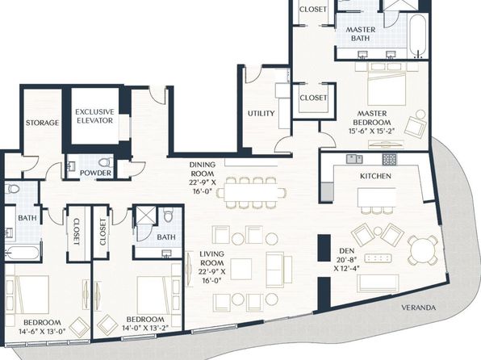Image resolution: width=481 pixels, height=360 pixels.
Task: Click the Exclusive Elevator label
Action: (94, 116)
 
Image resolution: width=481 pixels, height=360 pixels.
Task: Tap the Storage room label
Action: (42, 123)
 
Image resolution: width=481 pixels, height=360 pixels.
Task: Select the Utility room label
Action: (261, 114)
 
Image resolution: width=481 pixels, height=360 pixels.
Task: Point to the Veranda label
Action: (418, 308)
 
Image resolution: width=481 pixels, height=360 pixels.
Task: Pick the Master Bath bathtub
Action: (418, 36)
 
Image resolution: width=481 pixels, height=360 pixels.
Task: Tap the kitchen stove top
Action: (389, 160)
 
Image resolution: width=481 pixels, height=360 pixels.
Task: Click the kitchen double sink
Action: (354, 159)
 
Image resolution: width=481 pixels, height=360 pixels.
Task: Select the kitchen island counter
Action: (377, 197)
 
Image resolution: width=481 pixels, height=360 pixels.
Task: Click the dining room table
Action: (251, 192)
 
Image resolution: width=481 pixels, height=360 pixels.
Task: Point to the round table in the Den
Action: (423, 250)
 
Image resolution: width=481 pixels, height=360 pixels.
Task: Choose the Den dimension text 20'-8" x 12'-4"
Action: (347, 264)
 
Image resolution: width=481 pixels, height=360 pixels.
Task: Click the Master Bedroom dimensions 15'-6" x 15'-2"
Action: (371, 131)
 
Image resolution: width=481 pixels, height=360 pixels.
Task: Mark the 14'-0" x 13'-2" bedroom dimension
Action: (145, 328)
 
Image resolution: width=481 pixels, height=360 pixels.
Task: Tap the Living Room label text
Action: (212, 258)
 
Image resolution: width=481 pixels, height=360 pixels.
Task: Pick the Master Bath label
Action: (361, 34)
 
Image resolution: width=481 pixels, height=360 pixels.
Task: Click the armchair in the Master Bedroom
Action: (416, 123)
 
